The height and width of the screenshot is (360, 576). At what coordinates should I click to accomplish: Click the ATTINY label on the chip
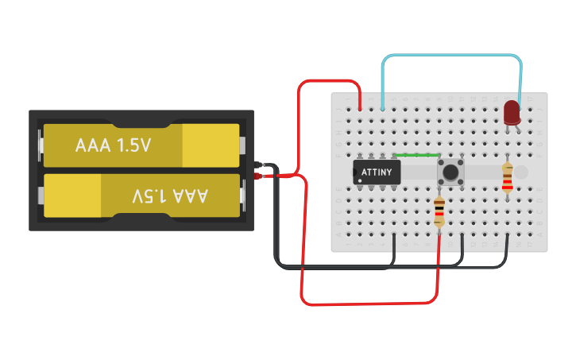click(377, 172)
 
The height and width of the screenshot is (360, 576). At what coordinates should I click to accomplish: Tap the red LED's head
click(512, 111)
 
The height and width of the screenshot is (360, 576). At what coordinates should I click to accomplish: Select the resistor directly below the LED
click(508, 177)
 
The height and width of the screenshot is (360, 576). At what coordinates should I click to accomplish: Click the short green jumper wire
click(416, 155)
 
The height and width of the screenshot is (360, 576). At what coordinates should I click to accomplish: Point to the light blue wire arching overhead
click(453, 56)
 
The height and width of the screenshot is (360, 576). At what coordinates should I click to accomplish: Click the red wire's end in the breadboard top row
click(361, 107)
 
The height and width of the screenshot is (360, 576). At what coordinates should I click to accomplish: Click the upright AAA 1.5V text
click(113, 146)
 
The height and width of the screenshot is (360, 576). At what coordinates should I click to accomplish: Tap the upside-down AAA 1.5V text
click(169, 195)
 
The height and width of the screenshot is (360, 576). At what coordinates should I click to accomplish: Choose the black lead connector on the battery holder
click(259, 166)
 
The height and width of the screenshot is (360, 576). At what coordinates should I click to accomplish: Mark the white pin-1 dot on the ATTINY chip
click(360, 180)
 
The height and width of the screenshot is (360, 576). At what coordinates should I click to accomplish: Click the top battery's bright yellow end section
click(210, 145)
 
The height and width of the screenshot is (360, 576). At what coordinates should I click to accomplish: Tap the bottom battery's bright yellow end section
click(72, 195)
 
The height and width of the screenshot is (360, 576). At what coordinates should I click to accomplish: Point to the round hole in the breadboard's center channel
click(520, 172)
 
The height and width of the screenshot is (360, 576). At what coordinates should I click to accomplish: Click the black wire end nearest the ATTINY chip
click(395, 236)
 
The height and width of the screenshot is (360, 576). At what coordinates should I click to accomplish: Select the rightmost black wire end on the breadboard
click(508, 236)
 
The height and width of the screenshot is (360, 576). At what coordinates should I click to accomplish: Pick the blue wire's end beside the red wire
click(384, 107)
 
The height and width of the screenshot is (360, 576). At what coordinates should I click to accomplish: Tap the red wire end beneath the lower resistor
click(439, 236)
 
